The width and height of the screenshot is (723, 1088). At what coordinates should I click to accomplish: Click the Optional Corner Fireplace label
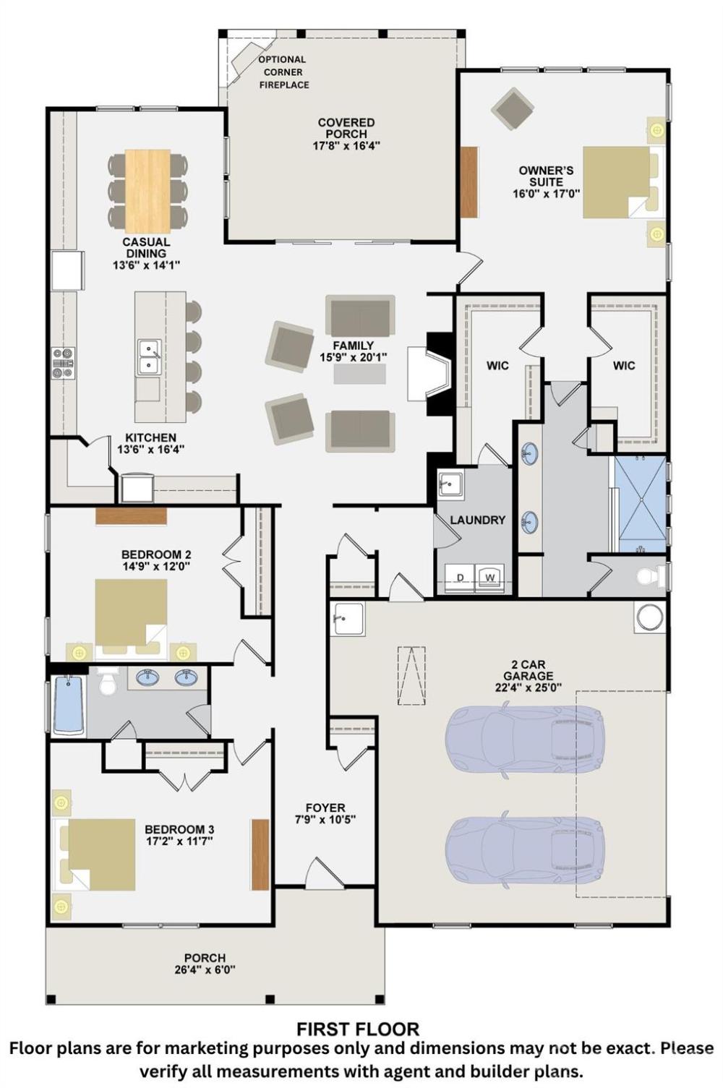[x=283, y=72]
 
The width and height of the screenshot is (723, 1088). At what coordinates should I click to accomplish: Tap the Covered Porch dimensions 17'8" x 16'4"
[x=346, y=146]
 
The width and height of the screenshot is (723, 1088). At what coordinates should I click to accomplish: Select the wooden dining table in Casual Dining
[x=147, y=191]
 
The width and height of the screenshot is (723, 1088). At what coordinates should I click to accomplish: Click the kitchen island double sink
[x=149, y=357]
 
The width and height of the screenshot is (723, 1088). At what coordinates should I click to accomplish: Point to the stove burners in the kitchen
[x=64, y=363]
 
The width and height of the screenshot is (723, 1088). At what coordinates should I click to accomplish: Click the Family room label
[x=354, y=346]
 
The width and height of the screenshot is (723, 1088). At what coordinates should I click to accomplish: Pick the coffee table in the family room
[x=360, y=374]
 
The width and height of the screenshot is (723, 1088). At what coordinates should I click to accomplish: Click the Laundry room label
[x=478, y=521]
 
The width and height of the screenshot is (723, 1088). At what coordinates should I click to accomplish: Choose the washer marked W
[x=490, y=578]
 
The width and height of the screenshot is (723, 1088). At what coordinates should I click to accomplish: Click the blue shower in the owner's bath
[x=641, y=504]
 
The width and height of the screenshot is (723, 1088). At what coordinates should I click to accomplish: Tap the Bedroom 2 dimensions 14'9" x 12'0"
[x=155, y=566]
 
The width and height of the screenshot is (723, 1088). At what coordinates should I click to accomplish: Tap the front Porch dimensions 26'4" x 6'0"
[x=205, y=970]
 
